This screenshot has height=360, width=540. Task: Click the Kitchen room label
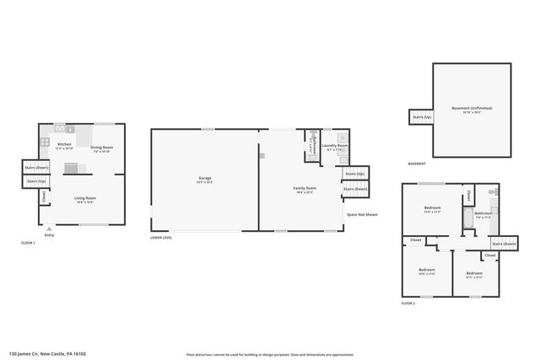[x=65, y=145]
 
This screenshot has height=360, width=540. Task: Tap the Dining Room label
[x=102, y=147]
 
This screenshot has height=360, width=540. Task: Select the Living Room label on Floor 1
[x=85, y=199]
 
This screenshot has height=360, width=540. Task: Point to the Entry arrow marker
[x=49, y=228]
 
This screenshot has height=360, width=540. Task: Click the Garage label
[x=204, y=179]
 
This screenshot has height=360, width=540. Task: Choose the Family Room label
[x=305, y=188]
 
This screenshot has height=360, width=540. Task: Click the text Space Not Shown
[x=362, y=214]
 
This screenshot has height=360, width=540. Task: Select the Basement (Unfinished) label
[x=472, y=108]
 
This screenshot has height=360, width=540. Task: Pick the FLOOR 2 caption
[x=408, y=302]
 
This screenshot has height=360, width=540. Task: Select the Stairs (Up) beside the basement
[x=420, y=117]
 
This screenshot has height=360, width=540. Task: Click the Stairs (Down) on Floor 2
[x=504, y=244]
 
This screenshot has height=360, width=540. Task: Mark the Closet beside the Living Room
[x=44, y=196]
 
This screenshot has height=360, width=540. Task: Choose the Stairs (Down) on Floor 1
[x=36, y=167]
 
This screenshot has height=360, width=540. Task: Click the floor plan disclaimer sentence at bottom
[x=270, y=354]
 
